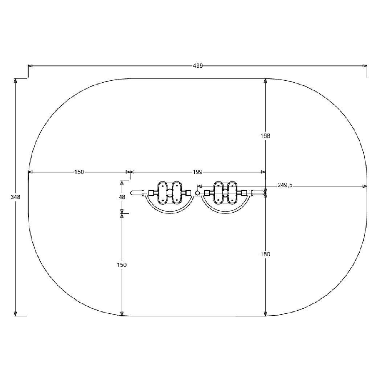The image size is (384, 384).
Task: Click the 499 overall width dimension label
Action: (198, 66)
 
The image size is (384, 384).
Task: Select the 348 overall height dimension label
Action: (15, 197)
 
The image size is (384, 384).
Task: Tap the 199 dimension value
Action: (198, 172)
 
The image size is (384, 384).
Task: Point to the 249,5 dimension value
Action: (285, 185)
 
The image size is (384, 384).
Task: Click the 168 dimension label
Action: (265, 136)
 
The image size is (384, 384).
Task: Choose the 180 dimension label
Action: (265, 254)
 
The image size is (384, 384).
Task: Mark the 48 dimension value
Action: (122, 197)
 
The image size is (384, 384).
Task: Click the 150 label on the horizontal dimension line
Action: (79, 172)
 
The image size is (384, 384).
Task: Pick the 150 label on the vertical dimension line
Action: (122, 265)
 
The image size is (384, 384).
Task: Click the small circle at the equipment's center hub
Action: (197, 193)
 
